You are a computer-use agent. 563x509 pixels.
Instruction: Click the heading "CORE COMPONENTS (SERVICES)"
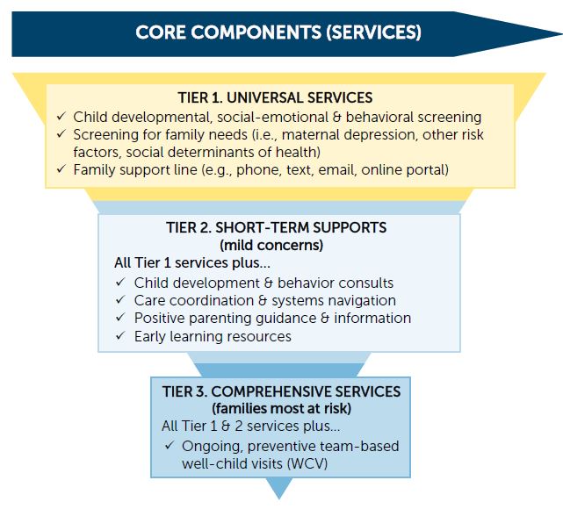(278, 32)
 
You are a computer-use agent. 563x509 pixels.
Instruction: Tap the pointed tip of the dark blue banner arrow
(561, 34)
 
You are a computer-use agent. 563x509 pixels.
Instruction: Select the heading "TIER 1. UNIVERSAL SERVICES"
(275, 97)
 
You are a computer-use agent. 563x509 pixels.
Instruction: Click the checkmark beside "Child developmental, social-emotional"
(61, 116)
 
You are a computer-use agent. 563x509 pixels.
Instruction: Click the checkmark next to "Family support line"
(61, 168)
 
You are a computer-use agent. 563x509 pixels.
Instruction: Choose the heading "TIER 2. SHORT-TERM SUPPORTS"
(276, 227)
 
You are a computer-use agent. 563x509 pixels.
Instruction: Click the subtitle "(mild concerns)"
(271, 246)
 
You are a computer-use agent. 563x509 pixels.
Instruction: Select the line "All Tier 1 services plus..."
(192, 262)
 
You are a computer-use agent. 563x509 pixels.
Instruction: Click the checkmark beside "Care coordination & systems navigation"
(120, 300)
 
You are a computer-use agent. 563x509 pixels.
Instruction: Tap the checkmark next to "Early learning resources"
(120, 336)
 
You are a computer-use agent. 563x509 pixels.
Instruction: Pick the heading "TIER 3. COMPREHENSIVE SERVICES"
(281, 391)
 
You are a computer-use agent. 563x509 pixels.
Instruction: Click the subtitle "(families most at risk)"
(281, 409)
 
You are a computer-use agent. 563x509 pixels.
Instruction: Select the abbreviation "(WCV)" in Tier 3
(307, 463)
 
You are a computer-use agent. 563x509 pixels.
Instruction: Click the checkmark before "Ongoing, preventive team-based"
(170, 446)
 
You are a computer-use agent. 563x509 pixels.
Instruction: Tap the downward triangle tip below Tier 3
(279, 498)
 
